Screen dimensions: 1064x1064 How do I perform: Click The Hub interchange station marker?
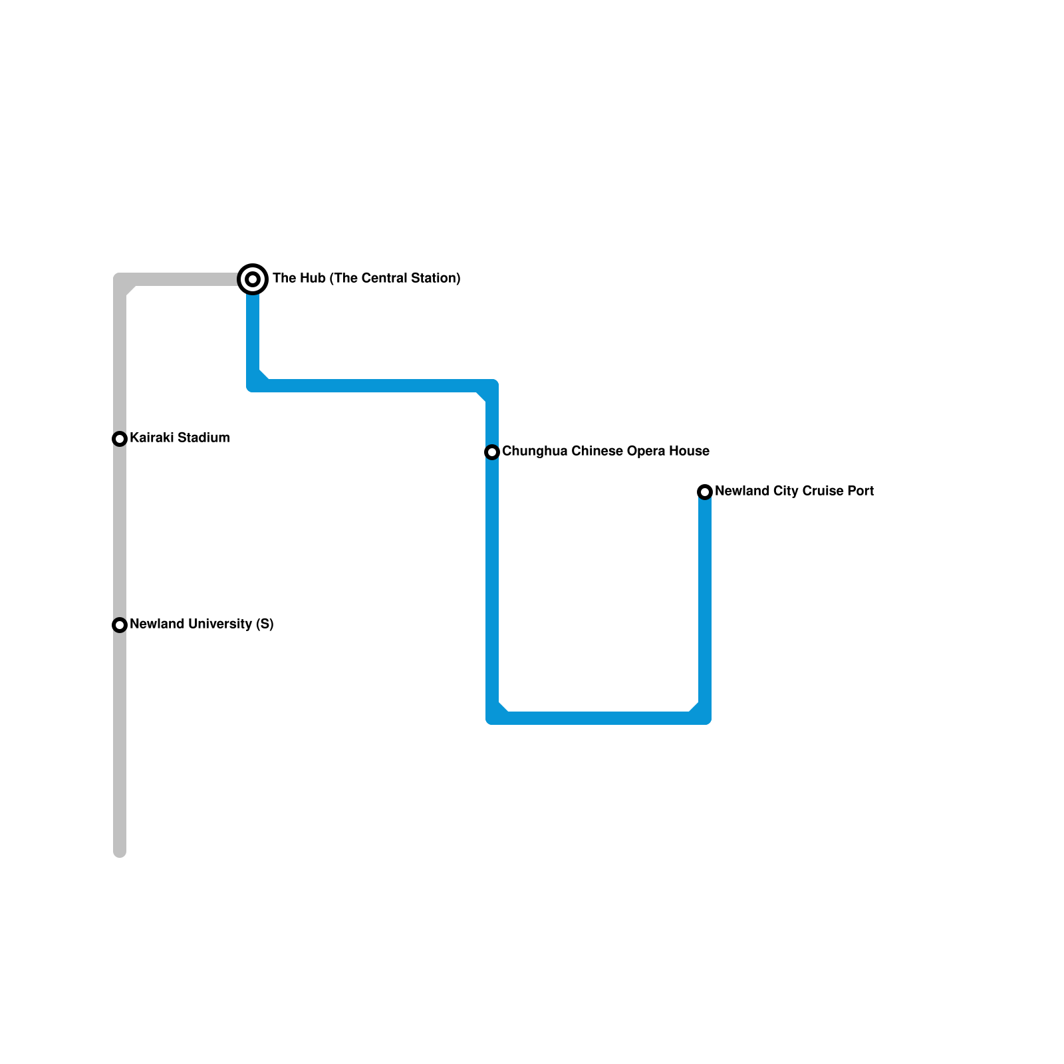tap(253, 279)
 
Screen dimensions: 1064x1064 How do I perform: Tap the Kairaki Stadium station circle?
tap(120, 439)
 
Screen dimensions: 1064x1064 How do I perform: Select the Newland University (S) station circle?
tap(120, 625)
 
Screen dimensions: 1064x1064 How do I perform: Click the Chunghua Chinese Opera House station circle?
tap(492, 452)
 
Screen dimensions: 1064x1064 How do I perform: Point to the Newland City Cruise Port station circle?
tap(705, 492)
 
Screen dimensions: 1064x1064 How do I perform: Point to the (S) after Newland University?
tap(265, 624)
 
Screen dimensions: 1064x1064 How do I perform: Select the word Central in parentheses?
tap(385, 279)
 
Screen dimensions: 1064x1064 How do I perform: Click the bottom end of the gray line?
tap(120, 852)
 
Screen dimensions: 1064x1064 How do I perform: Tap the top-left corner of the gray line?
tap(120, 280)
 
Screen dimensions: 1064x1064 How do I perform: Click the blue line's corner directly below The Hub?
tap(253, 385)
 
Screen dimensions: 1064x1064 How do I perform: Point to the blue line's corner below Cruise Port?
tap(704, 718)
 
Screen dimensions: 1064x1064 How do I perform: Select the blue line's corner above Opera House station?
tap(491, 386)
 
